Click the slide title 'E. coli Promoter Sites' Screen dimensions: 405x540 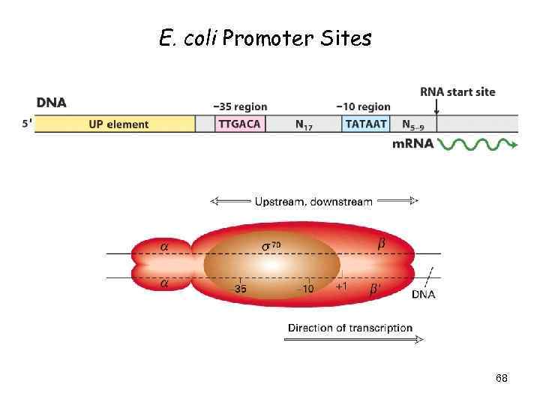pyautogui.click(x=265, y=38)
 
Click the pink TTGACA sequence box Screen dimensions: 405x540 pyautogui.click(x=240, y=124)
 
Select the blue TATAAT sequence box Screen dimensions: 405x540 pyautogui.click(x=366, y=124)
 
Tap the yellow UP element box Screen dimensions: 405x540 pyautogui.click(x=118, y=124)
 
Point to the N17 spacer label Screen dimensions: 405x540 pyautogui.click(x=304, y=124)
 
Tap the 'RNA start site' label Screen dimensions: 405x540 pyautogui.click(x=457, y=91)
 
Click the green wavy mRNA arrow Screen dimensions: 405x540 pyautogui.click(x=477, y=144)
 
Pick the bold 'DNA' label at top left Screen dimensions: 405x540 pyautogui.click(x=51, y=102)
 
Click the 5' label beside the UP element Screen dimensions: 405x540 pyautogui.click(x=27, y=124)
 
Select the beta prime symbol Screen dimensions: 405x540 pyautogui.click(x=375, y=289)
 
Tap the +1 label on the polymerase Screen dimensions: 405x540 pyautogui.click(x=341, y=287)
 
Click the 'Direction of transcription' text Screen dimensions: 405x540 pyautogui.click(x=350, y=328)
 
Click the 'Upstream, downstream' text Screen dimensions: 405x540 pyautogui.click(x=313, y=201)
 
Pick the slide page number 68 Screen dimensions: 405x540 pyautogui.click(x=502, y=379)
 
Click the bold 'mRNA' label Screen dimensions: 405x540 pyautogui.click(x=413, y=144)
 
